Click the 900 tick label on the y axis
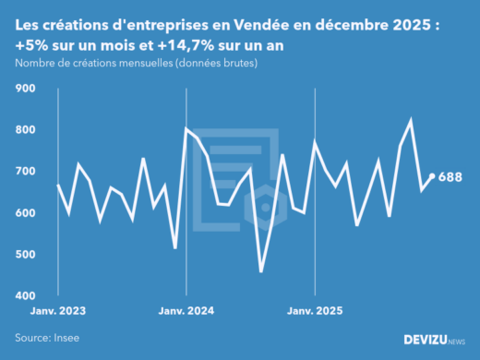[x=25, y=89]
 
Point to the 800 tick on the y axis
[x=25, y=130]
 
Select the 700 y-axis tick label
[x=25, y=172]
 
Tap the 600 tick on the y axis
[x=25, y=213]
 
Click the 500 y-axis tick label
[x=25, y=255]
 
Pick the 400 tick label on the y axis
[x=25, y=296]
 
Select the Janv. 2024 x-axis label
[x=187, y=311]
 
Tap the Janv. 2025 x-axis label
[x=316, y=311]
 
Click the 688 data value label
[x=450, y=177]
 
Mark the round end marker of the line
[x=432, y=176]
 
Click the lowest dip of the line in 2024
[x=261, y=271]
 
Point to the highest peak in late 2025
[x=411, y=120]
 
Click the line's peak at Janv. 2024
[x=186, y=128]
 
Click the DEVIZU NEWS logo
[x=435, y=340]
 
